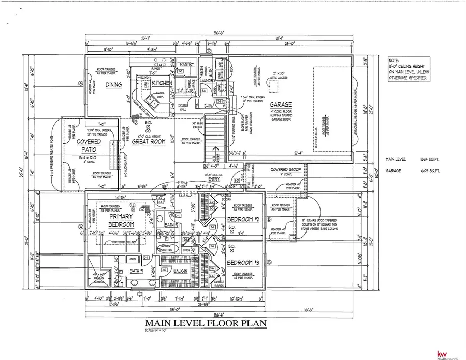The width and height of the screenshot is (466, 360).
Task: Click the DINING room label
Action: pos(113,85)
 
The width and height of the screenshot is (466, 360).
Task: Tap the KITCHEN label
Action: pos(161,83)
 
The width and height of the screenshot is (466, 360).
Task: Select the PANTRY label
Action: pos(186,65)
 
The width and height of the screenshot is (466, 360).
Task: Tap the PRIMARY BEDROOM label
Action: pos(121,220)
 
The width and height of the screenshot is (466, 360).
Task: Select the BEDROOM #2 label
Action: pos(242,220)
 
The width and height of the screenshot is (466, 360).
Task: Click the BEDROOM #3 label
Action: pos(242,262)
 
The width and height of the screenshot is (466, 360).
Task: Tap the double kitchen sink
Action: pos(150,98)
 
